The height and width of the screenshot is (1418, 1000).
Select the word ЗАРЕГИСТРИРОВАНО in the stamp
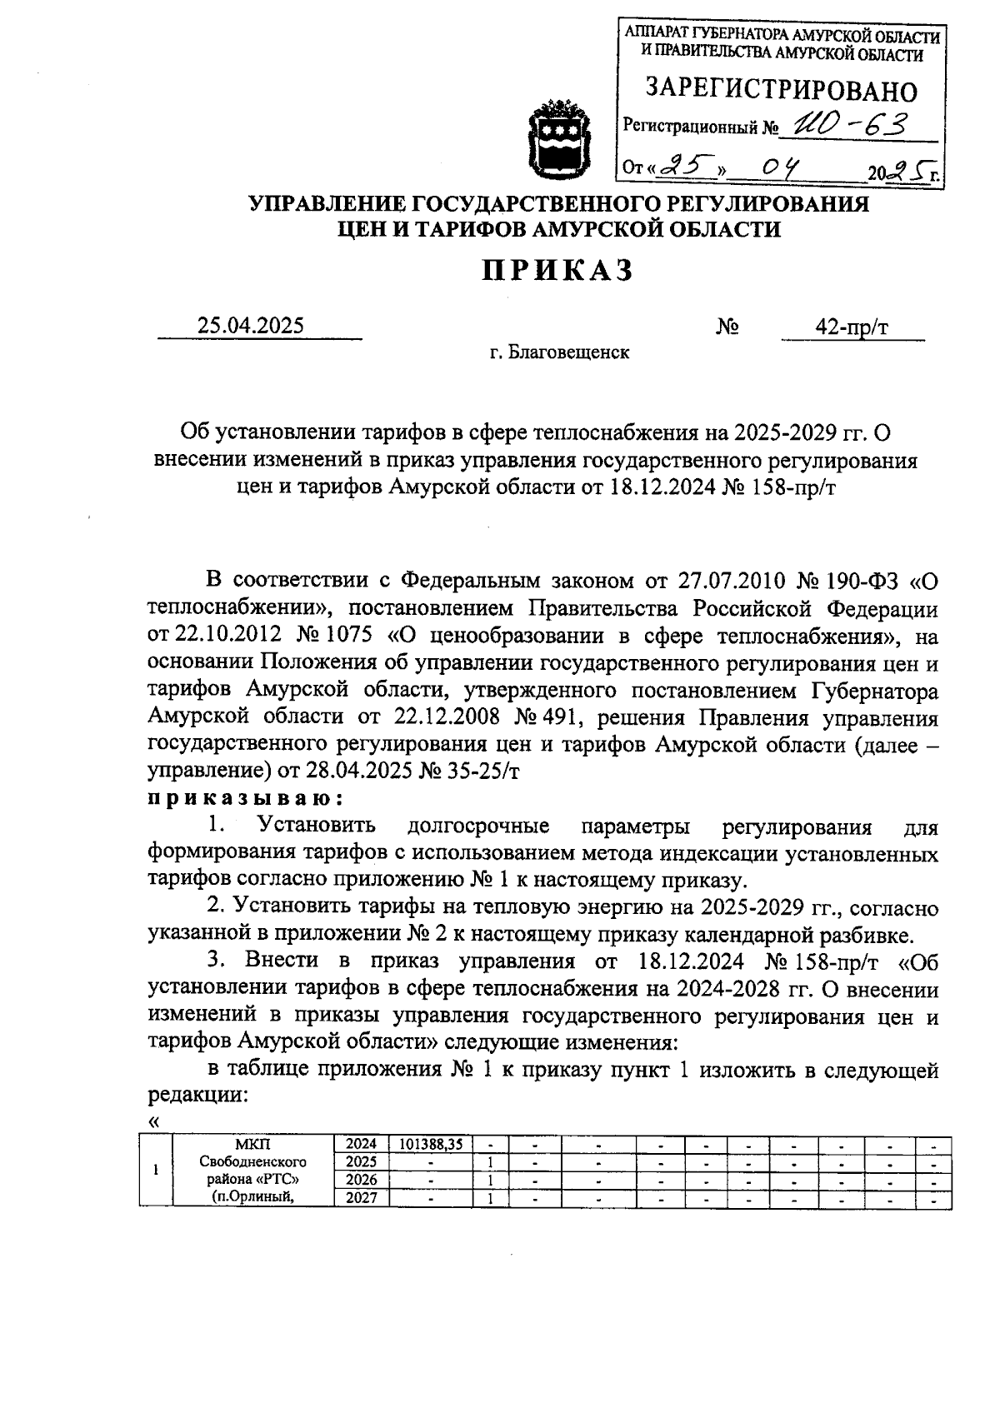[782, 90]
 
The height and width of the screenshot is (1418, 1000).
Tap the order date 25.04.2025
[251, 326]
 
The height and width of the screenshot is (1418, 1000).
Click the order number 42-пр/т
[852, 327]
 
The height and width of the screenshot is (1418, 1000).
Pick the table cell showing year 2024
[362, 1144]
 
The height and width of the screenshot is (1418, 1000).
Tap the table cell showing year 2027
[362, 1198]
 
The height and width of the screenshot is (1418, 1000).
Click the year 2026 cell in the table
[362, 1180]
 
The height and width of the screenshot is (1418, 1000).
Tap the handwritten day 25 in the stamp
[685, 169]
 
